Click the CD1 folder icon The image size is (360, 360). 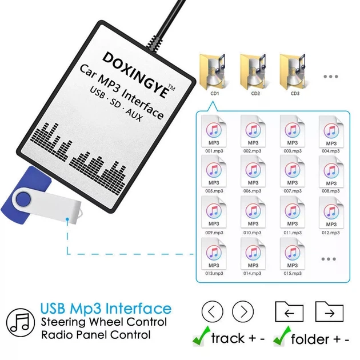pyautogui.click(x=213, y=72)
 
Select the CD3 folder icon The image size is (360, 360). pyautogui.click(x=293, y=72)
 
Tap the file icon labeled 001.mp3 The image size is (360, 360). pyautogui.click(x=214, y=131)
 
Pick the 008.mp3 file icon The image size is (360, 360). pyautogui.click(x=331, y=171)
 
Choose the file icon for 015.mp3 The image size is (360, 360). pyautogui.click(x=292, y=254)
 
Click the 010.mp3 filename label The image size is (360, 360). pyautogui.click(x=253, y=233)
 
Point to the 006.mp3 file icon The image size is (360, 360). pyautogui.click(x=253, y=171)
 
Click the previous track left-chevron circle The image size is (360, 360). pyautogui.click(x=213, y=311)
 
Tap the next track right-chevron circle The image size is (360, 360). pyautogui.click(x=243, y=311)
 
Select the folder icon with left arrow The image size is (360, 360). pyautogui.click(x=289, y=311)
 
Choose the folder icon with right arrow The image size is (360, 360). pyautogui.click(x=330, y=311)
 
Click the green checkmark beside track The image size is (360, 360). pyautogui.click(x=201, y=336)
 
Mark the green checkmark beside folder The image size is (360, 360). pyautogui.click(x=282, y=336)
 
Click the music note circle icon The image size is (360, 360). pyautogui.click(x=21, y=323)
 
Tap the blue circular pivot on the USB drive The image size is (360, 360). pyautogui.click(x=23, y=199)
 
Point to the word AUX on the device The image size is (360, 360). pyautogui.click(x=134, y=114)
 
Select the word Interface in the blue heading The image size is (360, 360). pyautogui.click(x=138, y=308)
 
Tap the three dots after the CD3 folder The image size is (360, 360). pyautogui.click(x=331, y=77)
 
